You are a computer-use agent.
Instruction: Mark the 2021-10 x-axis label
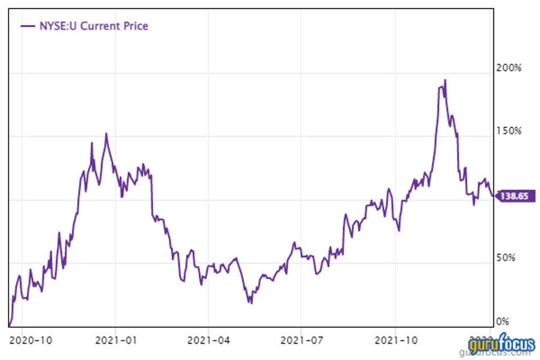click(395, 340)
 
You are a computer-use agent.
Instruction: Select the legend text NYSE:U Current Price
click(92, 26)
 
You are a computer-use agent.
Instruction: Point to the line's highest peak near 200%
click(445, 80)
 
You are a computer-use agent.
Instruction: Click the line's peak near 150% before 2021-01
click(106, 134)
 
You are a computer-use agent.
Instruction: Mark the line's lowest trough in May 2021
click(251, 303)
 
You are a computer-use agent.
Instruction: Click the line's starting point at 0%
click(10, 325)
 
